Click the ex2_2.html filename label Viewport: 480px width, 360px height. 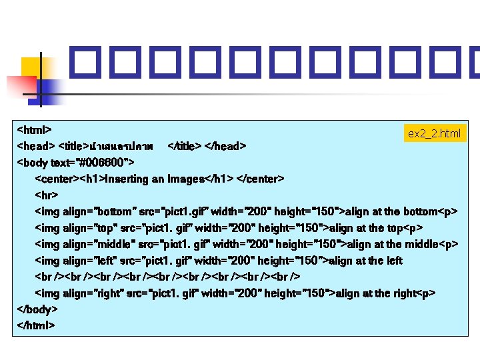(x=434, y=134)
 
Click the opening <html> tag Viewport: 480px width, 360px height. (x=35, y=129)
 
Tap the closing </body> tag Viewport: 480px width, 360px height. (x=38, y=310)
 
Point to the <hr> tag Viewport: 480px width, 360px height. (x=47, y=195)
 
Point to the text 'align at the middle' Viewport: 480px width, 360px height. (x=395, y=244)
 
